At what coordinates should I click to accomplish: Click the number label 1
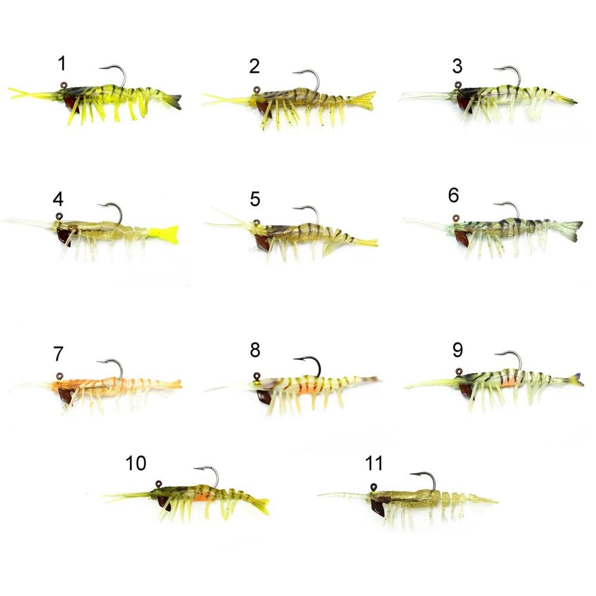(62, 64)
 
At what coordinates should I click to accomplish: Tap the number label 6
(454, 195)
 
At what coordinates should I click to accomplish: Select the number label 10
(136, 463)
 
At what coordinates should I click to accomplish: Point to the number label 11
(374, 463)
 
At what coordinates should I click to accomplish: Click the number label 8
(255, 350)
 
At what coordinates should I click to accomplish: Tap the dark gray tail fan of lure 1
(173, 101)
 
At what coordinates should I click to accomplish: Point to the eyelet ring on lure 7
(60, 376)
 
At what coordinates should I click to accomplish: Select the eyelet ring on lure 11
(374, 488)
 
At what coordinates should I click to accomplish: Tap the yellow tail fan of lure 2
(364, 100)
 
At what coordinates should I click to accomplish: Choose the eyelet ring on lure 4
(59, 217)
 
